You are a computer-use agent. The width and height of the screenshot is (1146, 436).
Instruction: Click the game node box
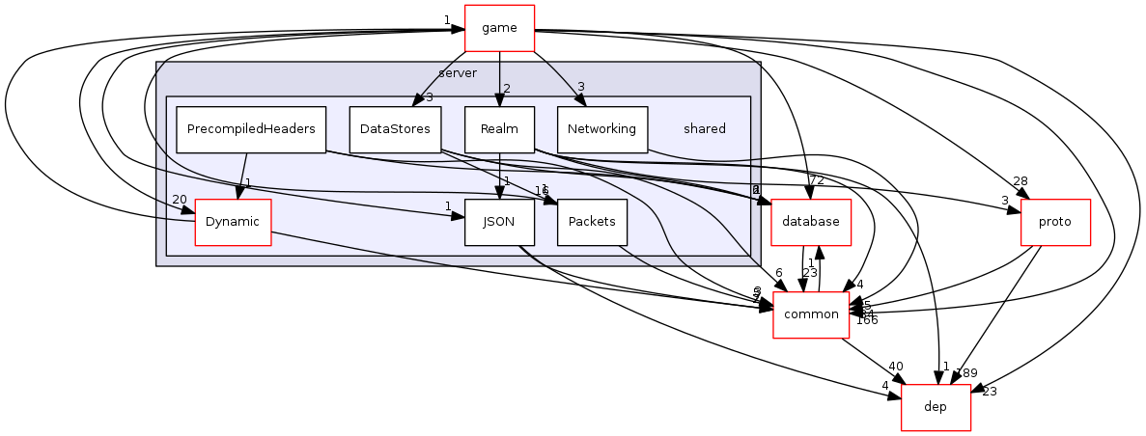point(499,28)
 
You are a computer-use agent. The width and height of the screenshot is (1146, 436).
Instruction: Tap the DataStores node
point(395,128)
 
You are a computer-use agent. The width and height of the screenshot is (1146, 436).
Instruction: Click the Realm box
point(499,128)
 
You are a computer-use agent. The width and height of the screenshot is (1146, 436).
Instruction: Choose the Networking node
point(601,128)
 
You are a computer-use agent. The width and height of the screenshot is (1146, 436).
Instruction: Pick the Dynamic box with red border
point(232,222)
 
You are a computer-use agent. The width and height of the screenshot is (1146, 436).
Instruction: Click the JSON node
point(499,222)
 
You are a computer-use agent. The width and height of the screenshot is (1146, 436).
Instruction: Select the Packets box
point(592,222)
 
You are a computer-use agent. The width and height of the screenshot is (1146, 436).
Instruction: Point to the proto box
point(1055,222)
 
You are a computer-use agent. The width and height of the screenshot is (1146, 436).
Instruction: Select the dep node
point(935,406)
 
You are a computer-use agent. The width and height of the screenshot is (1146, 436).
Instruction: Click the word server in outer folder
point(457,73)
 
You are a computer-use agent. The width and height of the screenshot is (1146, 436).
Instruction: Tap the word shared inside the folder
point(704,128)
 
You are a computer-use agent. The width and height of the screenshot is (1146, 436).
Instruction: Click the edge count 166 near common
point(866,320)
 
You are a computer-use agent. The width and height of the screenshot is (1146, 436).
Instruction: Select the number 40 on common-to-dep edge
point(896,367)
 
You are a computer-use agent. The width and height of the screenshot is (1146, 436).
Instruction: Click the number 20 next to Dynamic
point(179,200)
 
